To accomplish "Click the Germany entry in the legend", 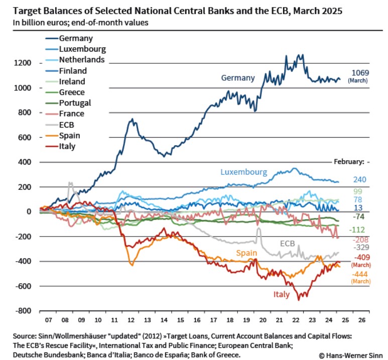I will (75, 38).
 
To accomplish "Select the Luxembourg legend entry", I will (82, 49).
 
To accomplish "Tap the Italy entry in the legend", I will (67, 147).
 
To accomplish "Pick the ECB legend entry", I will (67, 125).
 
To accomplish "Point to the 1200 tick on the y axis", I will (23, 63).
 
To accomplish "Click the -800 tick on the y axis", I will (23, 311).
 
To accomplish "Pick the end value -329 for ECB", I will (359, 248).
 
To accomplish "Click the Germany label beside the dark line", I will (238, 78).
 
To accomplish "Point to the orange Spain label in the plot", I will (245, 253).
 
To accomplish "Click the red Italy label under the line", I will (281, 294).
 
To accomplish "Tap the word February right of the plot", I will (348, 162).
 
